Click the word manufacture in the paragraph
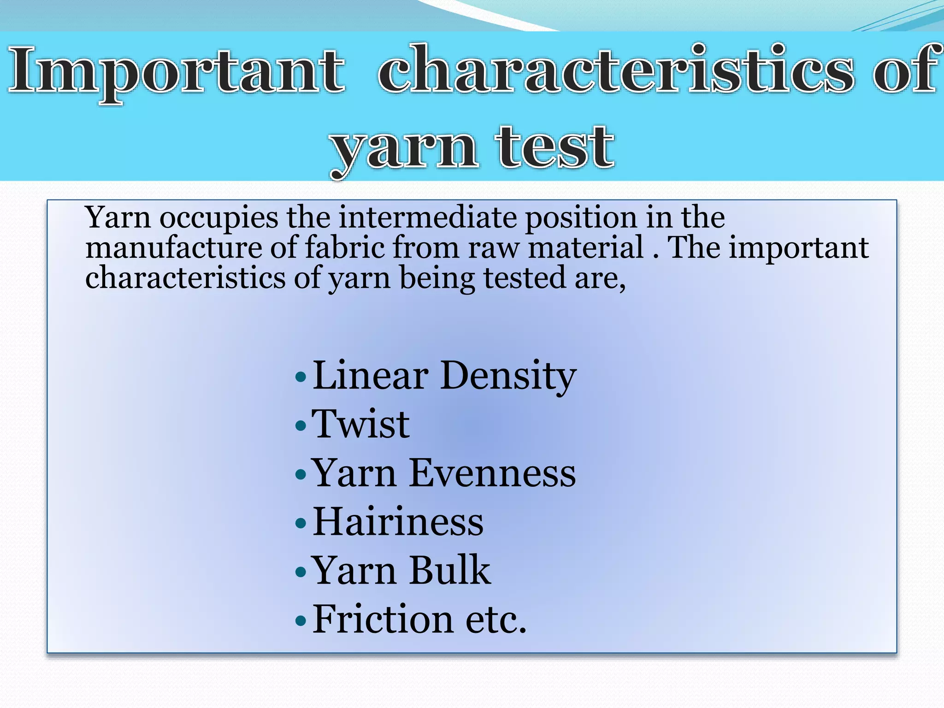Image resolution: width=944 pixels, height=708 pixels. coord(173,248)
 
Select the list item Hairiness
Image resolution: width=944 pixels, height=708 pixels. coord(398,522)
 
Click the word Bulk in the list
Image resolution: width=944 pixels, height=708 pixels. coord(449,571)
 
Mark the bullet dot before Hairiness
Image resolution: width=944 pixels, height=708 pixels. coord(301,524)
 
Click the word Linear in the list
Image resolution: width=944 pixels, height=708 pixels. coord(371,376)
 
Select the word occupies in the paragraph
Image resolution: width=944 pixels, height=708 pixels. coord(219,218)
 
